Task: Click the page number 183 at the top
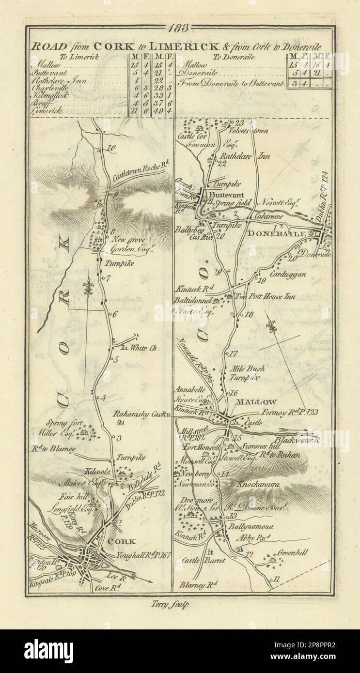(180, 28)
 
